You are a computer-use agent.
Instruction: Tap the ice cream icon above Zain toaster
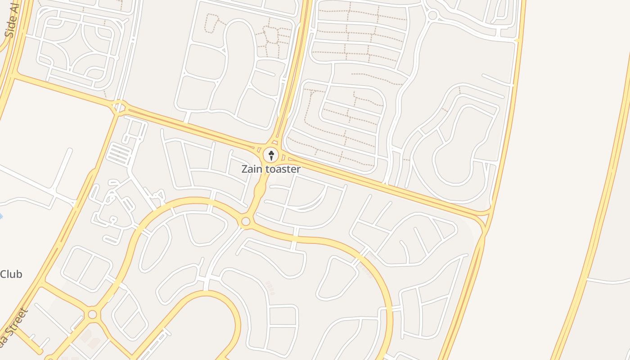[x=271, y=155]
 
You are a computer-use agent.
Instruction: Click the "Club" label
[x=11, y=274]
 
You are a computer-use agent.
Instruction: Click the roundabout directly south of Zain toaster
[x=245, y=221]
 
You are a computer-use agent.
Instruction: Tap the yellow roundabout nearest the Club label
[x=92, y=314]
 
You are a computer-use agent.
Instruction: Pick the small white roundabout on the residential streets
[x=432, y=15]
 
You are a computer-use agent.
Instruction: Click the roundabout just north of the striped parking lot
[x=119, y=108]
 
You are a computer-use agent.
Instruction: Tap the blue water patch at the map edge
[x=1, y=216]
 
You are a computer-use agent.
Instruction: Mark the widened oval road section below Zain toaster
[x=260, y=191]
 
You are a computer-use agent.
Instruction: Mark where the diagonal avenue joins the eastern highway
[x=484, y=220]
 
